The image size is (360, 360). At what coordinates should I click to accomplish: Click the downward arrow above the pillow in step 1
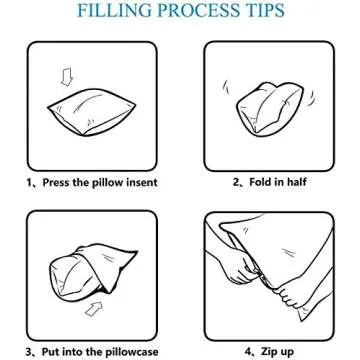(x=67, y=77)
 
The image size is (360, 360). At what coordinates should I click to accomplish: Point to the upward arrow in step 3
(x=94, y=308)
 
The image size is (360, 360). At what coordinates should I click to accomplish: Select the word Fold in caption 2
(x=260, y=182)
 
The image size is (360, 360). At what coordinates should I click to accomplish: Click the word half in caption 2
(x=296, y=182)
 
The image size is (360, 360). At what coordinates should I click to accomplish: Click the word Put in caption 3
(x=50, y=351)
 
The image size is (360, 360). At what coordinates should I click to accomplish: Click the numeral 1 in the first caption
(x=29, y=182)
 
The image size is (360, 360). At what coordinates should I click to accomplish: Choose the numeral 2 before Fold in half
(x=236, y=182)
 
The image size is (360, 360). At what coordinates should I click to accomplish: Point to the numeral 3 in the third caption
(x=29, y=351)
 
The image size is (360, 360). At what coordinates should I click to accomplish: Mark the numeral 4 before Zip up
(x=247, y=351)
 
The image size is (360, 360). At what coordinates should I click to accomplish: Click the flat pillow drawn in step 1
(x=92, y=112)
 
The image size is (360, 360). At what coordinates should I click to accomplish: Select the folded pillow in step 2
(x=269, y=110)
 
